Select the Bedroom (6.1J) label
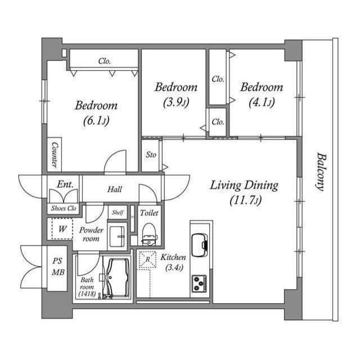[96, 112]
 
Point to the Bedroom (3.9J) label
[176, 94]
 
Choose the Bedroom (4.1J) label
[262, 94]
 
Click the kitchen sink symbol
[200, 244]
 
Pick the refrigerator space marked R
[147, 259]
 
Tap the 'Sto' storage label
[151, 155]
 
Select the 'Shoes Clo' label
[63, 208]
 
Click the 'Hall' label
[114, 190]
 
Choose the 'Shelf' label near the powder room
[117, 213]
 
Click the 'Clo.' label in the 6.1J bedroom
[104, 61]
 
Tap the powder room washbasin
[118, 236]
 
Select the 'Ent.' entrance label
[63, 183]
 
